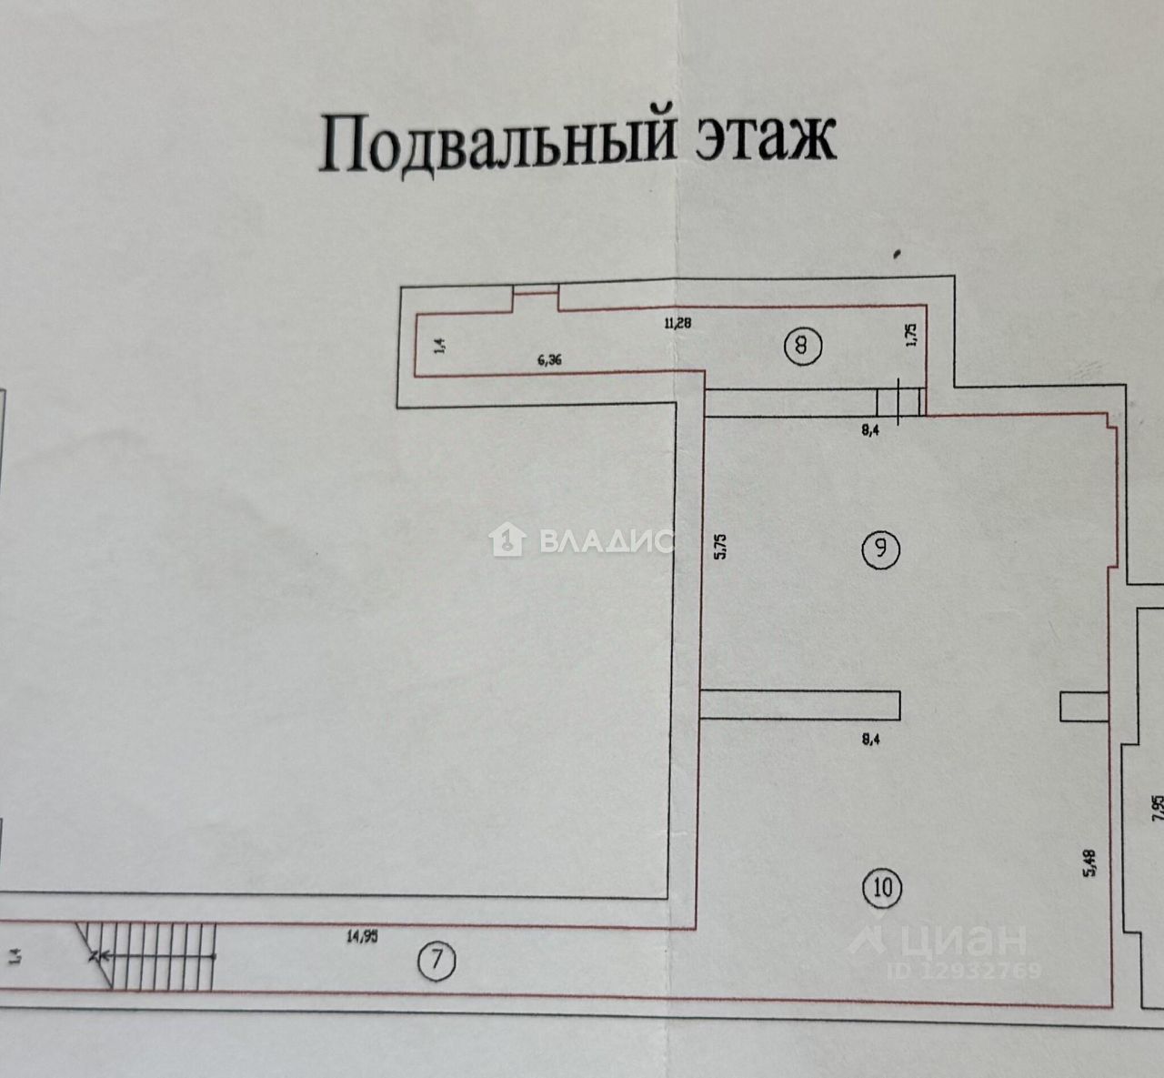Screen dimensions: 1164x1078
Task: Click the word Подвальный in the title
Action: click(499, 144)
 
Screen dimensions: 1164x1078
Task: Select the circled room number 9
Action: click(881, 548)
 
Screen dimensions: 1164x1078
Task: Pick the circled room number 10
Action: click(883, 886)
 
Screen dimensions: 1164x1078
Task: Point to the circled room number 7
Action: click(437, 961)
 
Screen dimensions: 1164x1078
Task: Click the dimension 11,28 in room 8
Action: click(677, 321)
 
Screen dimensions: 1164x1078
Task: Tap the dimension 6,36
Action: click(549, 359)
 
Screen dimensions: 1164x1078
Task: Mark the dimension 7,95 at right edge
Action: click(1157, 808)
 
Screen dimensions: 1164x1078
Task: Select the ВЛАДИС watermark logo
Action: click(582, 541)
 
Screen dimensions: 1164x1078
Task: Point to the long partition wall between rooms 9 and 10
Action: click(800, 705)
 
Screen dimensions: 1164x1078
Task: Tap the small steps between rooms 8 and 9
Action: click(899, 401)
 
